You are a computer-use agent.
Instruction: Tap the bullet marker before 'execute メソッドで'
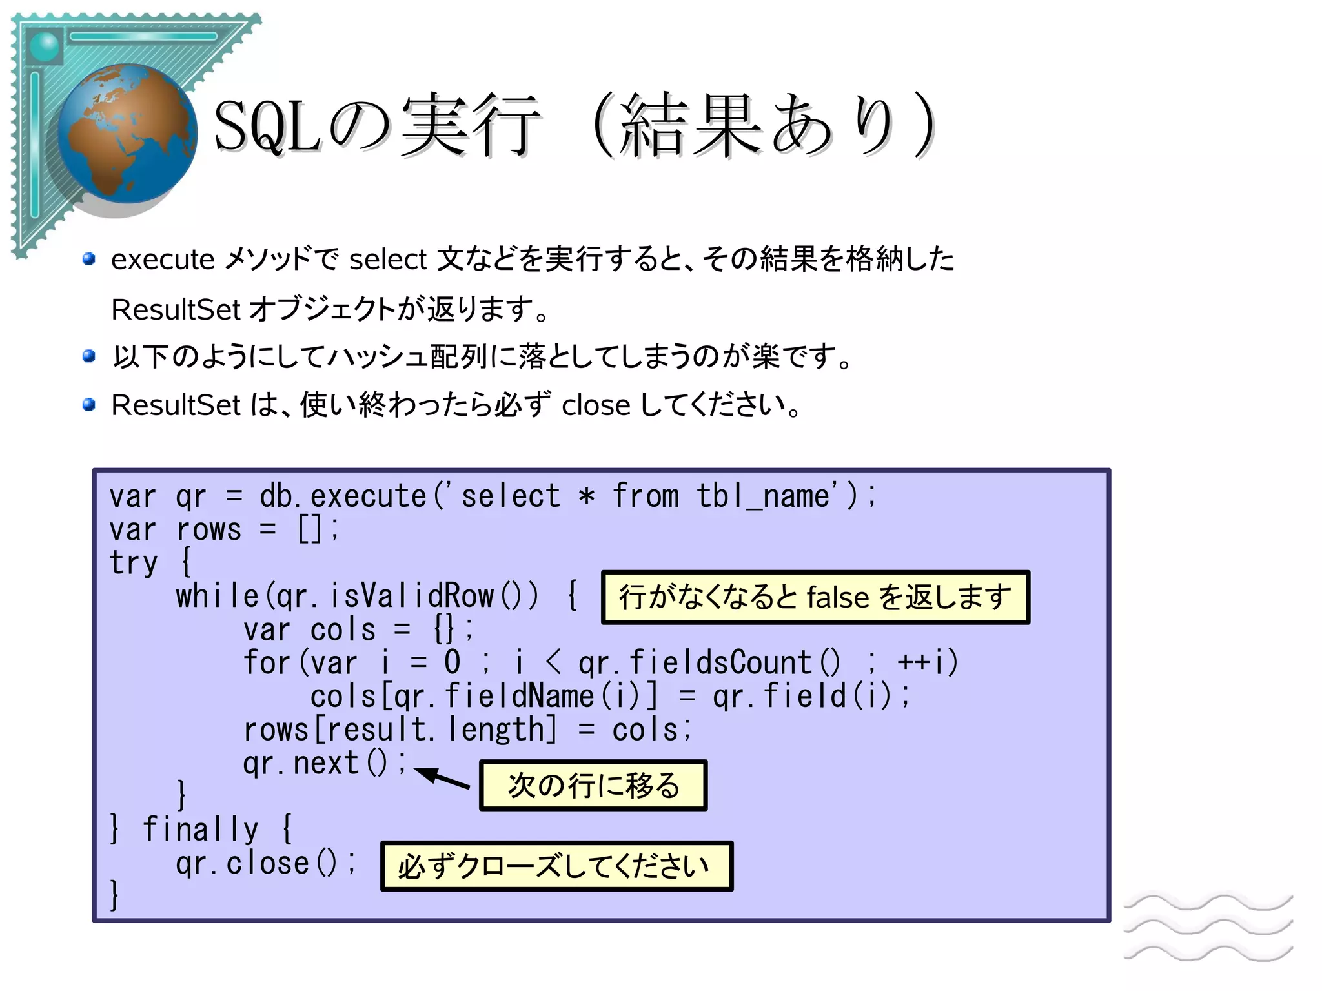coord(89,260)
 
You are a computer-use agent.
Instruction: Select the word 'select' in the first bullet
coord(388,260)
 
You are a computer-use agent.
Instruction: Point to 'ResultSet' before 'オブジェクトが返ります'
coord(176,309)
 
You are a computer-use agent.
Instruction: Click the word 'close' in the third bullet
coord(595,405)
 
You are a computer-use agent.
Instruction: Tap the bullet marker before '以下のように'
coord(89,356)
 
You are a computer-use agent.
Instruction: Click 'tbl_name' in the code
coord(763,496)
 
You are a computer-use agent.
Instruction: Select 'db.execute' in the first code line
coord(342,496)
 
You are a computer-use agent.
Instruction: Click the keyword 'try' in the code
coord(134,563)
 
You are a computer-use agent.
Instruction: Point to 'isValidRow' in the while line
coord(412,596)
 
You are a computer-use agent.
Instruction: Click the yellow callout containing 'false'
coord(815,597)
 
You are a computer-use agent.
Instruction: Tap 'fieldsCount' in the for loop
coord(720,663)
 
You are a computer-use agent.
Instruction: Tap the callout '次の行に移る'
coord(593,786)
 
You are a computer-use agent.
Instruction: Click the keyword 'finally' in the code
coord(200,829)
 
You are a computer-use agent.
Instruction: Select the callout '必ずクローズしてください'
coord(556,866)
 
